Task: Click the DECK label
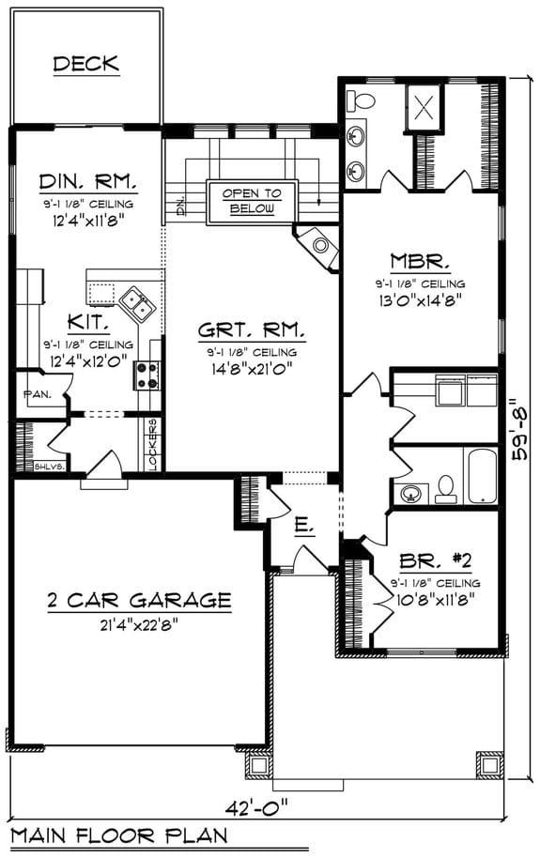coord(85,64)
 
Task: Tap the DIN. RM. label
coord(88,181)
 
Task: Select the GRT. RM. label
coord(251,330)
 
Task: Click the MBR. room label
coord(421,260)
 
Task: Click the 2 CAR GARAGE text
coord(139,600)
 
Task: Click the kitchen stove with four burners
coord(147,375)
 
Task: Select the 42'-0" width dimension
coord(255,805)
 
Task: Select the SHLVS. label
coord(48,466)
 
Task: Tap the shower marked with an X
coord(423,105)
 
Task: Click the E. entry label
coord(301,528)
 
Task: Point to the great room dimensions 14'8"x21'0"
coord(251,368)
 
